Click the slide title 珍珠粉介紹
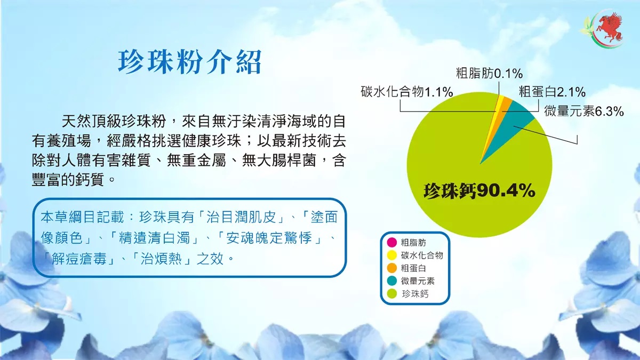tap(190, 62)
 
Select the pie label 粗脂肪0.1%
tap(489, 74)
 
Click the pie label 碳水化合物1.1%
tap(407, 92)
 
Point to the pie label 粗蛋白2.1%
tap(552, 92)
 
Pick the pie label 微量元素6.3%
tap(583, 111)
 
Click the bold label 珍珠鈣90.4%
tap(479, 191)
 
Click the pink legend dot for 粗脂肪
tap(391, 242)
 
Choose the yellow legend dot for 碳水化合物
tap(391, 255)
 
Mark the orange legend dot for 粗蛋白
tap(391, 268)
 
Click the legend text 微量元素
tap(418, 281)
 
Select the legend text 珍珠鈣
tap(415, 294)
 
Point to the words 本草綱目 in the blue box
tap(68, 218)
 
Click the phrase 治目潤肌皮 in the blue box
tap(241, 218)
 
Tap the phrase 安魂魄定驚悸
tap(268, 238)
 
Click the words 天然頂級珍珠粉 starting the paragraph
tap(114, 122)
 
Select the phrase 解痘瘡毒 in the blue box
tap(79, 259)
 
